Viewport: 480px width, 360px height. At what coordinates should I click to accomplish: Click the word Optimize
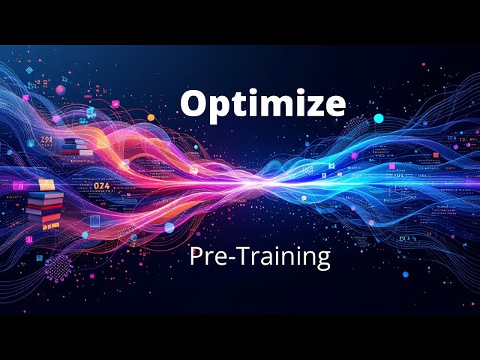pos(262,104)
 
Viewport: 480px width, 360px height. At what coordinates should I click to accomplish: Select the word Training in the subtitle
pos(289,257)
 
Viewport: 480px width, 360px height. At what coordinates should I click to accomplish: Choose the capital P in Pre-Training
pos(196,256)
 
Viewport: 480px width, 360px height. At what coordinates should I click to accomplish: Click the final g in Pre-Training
pos(322,259)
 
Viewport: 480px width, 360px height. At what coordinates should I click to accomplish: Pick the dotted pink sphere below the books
pos(59,266)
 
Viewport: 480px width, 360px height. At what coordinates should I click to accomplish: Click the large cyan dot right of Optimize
pos(379,118)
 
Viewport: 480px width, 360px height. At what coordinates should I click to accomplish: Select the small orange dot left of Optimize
pos(151,118)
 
